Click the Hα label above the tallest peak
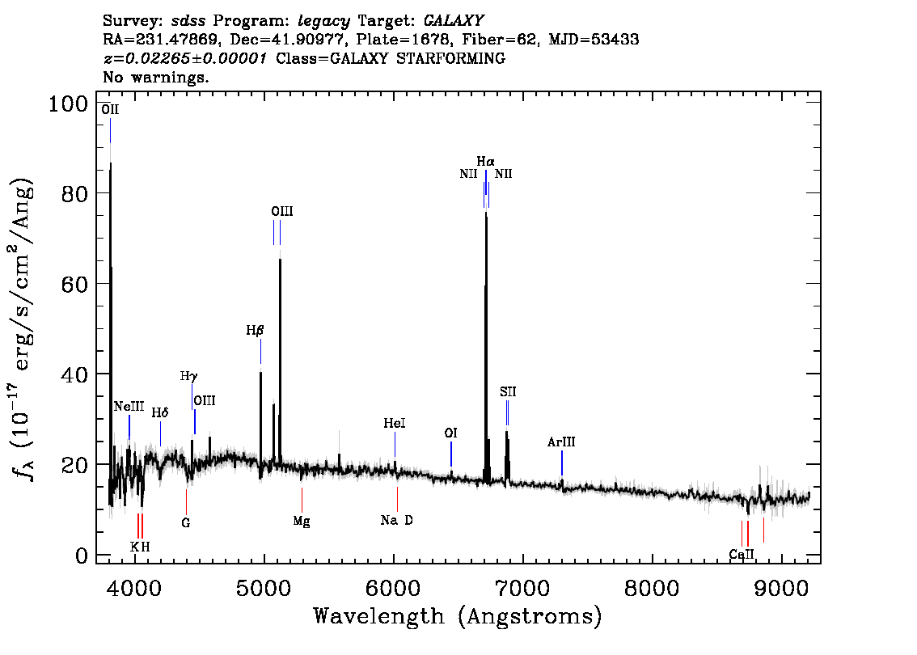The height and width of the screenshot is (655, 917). (485, 162)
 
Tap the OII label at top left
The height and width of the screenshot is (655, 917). (110, 109)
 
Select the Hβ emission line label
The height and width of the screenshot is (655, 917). (256, 330)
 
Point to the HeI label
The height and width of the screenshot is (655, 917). (395, 424)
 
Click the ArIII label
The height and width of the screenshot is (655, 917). (561, 442)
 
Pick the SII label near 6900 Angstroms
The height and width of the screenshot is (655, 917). (508, 392)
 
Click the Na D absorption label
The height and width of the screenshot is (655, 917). (397, 521)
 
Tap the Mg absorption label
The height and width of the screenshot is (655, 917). (302, 522)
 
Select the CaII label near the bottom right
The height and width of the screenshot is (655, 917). (742, 555)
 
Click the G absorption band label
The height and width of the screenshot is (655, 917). (186, 523)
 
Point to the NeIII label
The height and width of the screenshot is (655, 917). (129, 407)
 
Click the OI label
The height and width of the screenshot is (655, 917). (451, 433)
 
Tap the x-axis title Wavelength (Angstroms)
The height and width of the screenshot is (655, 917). (458, 617)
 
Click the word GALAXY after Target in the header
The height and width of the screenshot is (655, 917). (455, 19)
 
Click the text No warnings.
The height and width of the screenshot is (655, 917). (156, 78)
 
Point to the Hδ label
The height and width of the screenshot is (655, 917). (160, 413)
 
